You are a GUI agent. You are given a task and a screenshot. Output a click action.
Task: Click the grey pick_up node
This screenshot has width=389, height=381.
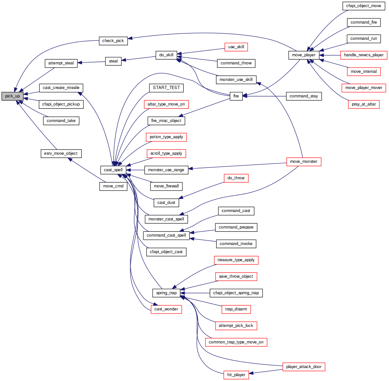(13, 96)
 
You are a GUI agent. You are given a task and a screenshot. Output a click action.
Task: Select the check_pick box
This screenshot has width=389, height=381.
(113, 41)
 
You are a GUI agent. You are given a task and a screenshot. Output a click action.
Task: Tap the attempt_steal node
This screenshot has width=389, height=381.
(61, 63)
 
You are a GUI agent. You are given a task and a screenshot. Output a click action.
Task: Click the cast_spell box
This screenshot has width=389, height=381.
(113, 170)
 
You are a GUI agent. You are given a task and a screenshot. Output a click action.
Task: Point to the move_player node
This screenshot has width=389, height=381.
(304, 55)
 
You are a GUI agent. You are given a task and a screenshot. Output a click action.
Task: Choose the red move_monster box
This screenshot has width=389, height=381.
(304, 162)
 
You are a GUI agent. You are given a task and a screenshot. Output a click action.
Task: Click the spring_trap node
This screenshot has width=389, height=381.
(166, 293)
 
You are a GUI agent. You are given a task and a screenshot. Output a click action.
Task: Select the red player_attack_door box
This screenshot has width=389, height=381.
(304, 367)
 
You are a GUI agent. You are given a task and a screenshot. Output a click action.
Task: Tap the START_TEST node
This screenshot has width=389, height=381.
(166, 88)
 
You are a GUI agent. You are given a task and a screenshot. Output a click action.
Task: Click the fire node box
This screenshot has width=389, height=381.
(236, 96)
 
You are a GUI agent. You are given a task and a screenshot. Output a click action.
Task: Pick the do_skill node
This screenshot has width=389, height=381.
(166, 55)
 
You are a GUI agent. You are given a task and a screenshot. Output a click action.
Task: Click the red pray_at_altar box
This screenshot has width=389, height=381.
(363, 104)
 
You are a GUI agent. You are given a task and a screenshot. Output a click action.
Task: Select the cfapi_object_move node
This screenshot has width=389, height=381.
(363, 6)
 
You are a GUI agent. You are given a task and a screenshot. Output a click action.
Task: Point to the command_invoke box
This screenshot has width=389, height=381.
(236, 244)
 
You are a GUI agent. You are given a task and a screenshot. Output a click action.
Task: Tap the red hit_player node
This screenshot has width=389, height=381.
(236, 375)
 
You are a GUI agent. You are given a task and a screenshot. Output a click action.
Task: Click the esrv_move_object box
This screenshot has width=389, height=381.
(61, 153)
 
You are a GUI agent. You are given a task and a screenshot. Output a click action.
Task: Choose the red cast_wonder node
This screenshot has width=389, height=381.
(166, 309)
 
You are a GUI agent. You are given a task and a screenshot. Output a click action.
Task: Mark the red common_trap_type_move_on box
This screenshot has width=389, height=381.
(236, 342)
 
